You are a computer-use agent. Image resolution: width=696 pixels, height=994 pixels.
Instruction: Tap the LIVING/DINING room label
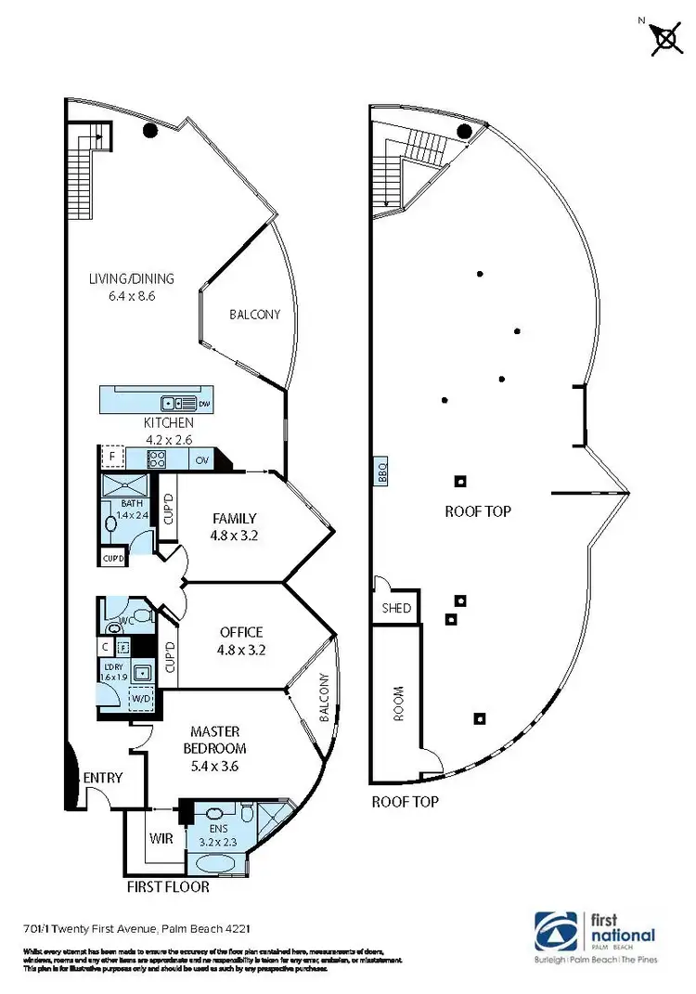point(132,287)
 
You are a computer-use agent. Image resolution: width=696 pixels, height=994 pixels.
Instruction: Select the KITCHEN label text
point(168,423)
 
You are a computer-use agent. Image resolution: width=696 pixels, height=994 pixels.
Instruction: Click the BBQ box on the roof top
point(381,472)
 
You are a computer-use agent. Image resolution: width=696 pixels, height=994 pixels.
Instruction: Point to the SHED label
point(396,609)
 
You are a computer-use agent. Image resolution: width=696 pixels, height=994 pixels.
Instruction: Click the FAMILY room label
point(234,526)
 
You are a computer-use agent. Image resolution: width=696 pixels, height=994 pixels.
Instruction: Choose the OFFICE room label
point(241,640)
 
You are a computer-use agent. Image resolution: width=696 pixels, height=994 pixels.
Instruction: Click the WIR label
point(161,838)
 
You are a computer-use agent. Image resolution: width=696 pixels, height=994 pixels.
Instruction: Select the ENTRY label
point(102,778)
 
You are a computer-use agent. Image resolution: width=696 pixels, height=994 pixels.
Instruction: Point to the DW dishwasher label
point(203,404)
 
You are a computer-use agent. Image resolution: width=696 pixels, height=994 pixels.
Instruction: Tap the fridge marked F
point(111,458)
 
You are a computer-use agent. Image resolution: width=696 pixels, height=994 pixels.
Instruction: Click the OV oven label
point(202,459)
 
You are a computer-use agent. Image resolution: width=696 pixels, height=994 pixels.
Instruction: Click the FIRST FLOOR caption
point(168,886)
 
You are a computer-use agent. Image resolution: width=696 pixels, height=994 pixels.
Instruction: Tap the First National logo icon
point(557,931)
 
